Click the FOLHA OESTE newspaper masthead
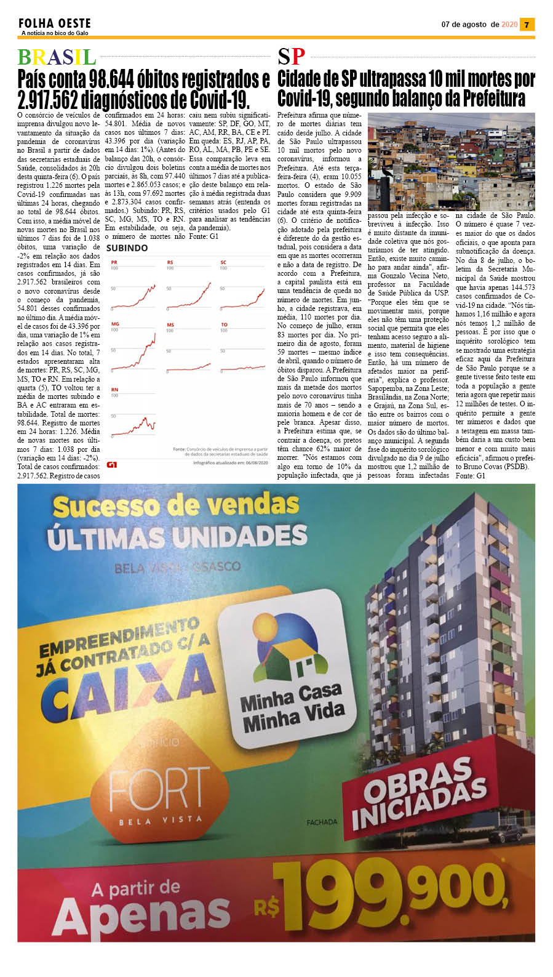coord(54,23)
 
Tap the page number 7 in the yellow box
coord(527,25)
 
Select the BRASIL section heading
coord(57,57)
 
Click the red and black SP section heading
coord(291,57)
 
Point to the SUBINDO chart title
coord(127,248)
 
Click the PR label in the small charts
coord(114,263)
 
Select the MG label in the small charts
coord(114,324)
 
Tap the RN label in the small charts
coord(114,390)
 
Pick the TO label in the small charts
coord(224,324)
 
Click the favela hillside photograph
coord(451,161)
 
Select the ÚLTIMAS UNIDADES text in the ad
coord(177,536)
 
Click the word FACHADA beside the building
coord(322,822)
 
